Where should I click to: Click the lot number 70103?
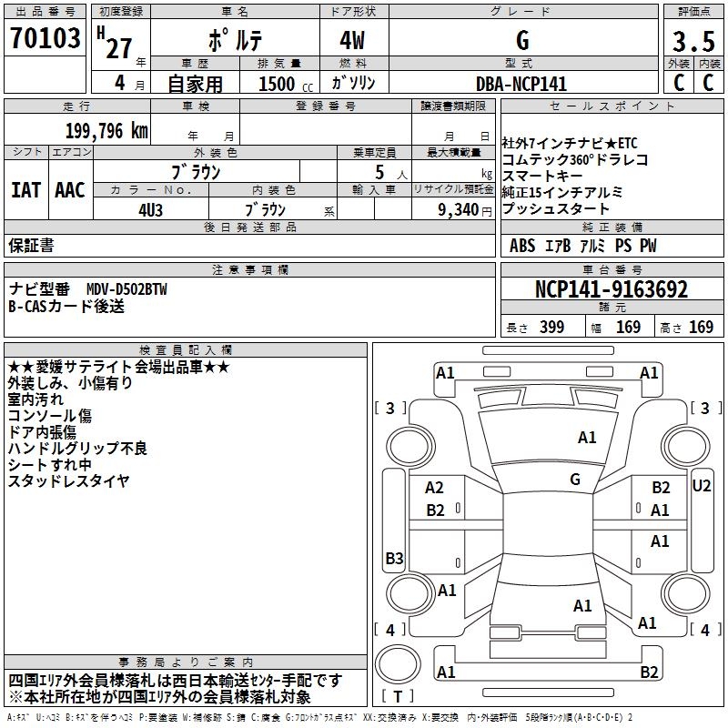click(x=45, y=39)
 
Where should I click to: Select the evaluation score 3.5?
click(x=693, y=42)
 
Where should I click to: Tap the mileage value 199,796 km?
click(x=106, y=130)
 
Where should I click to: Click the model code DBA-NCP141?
click(x=521, y=84)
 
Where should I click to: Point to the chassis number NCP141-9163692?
click(x=612, y=290)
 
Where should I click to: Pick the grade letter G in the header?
click(x=521, y=40)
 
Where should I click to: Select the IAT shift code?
click(x=26, y=190)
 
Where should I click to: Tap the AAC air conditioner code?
click(x=70, y=190)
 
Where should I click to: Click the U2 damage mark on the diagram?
click(x=702, y=486)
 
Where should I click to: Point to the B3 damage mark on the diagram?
click(x=394, y=558)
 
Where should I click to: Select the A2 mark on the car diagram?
click(x=435, y=489)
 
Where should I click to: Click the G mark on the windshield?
click(x=575, y=479)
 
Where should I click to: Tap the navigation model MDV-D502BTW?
click(x=127, y=289)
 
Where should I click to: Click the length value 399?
click(x=549, y=328)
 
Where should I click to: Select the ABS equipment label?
click(x=522, y=246)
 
